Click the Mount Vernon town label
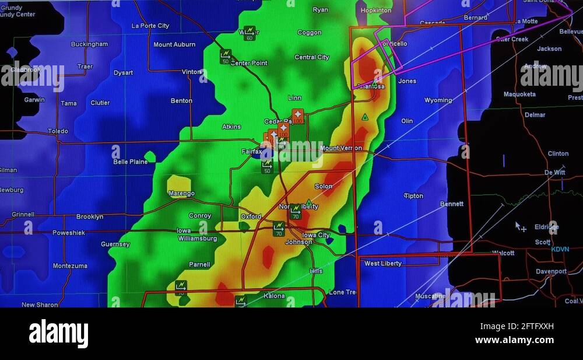point(341,148)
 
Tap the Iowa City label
point(316,235)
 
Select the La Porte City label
point(150,26)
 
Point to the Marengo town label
point(181,193)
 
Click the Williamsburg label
point(198,239)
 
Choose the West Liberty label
point(383,263)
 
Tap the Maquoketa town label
point(519,94)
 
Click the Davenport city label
point(551,271)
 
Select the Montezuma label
point(70,265)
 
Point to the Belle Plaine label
point(131,162)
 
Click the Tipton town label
point(414,196)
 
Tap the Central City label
point(312,57)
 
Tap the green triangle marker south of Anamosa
point(365,117)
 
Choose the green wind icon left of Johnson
point(279,228)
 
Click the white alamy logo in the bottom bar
point(58,334)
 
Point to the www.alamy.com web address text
point(514,340)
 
